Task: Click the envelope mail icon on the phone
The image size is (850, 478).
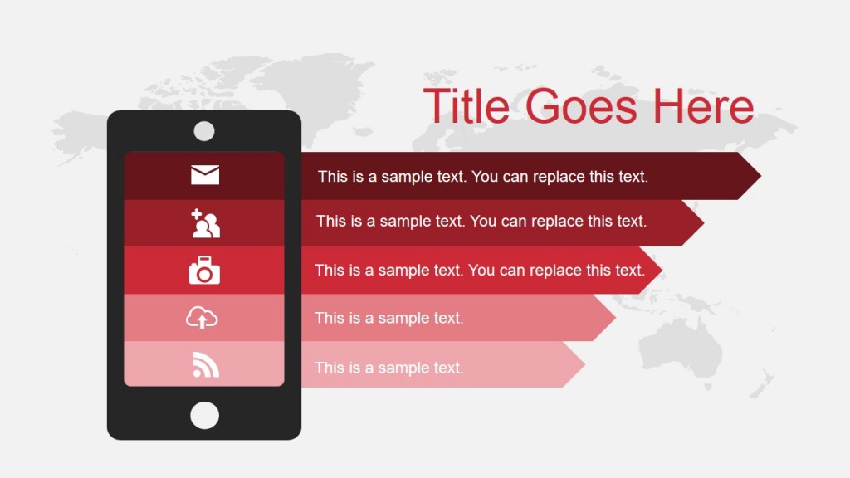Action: click(x=205, y=175)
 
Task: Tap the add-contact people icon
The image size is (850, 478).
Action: click(x=205, y=223)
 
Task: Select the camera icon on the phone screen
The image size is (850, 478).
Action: click(x=204, y=271)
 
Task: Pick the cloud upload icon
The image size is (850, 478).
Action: click(x=202, y=318)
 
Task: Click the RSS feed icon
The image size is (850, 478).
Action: click(x=205, y=365)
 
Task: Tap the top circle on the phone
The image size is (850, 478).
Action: click(x=204, y=131)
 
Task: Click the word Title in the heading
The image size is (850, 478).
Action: click(x=469, y=106)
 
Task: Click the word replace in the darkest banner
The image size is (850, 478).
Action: click(x=559, y=177)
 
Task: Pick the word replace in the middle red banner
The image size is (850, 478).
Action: click(x=556, y=271)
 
